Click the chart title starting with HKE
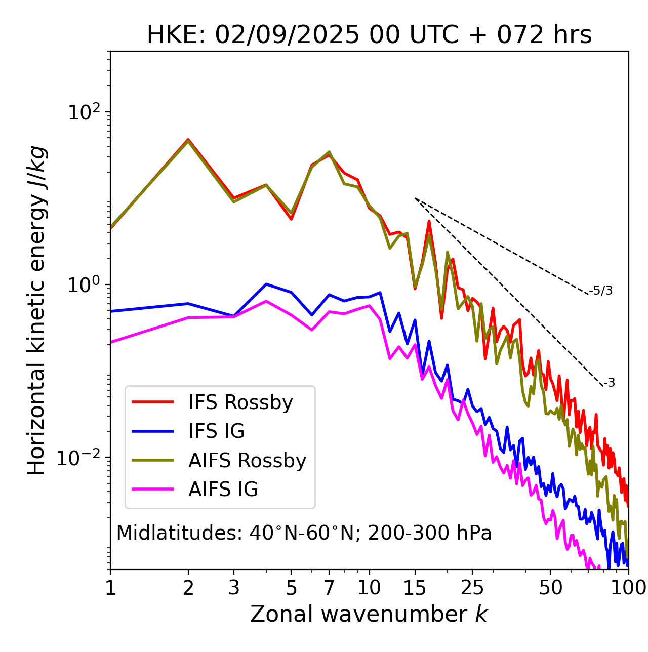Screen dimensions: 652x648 369,35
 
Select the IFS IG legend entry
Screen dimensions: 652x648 216,431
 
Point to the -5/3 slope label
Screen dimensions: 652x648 601,291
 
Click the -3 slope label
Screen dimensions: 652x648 609,383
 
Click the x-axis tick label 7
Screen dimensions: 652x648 329,588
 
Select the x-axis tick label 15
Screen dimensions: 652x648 415,588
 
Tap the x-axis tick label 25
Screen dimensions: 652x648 472,588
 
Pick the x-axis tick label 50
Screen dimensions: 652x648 550,588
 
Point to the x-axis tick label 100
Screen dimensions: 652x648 628,588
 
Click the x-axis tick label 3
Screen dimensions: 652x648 233,588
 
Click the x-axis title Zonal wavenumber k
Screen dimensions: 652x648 369,614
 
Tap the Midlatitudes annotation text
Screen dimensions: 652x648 304,533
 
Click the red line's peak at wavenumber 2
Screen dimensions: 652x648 188,139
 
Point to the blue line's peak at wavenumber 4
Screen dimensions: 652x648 266,284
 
